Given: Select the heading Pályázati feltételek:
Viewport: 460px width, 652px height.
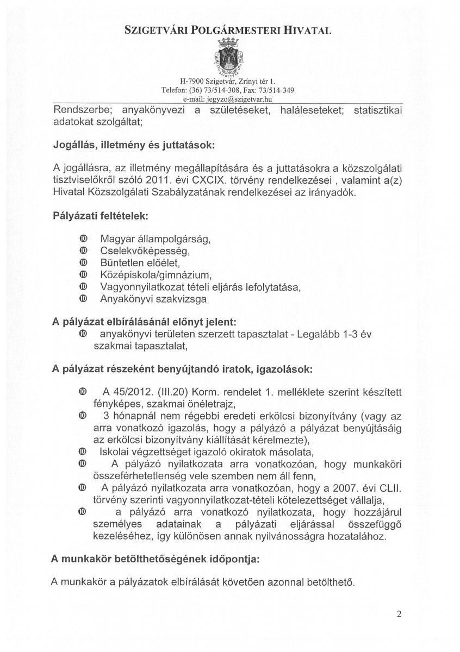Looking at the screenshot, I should point(101,216).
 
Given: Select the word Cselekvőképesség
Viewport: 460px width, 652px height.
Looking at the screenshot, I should point(144,252).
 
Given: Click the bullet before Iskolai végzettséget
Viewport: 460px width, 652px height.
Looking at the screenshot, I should point(83,452).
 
